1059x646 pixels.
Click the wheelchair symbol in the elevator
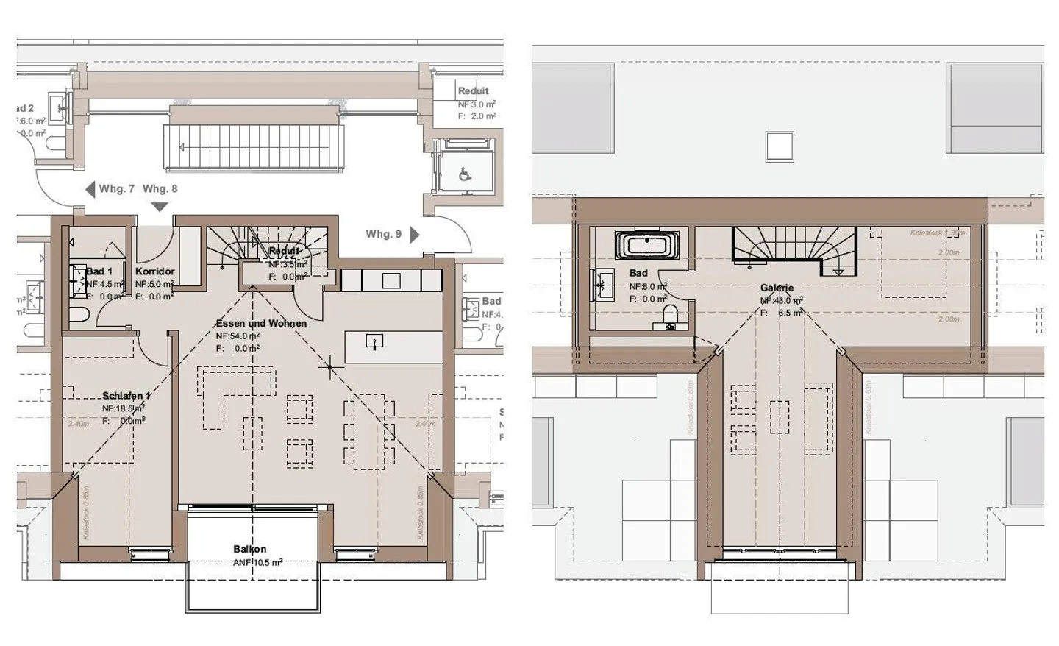click(465, 175)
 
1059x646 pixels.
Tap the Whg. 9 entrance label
click(383, 234)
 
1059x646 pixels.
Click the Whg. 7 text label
click(117, 189)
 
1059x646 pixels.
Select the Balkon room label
click(249, 549)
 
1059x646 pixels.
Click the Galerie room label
click(777, 288)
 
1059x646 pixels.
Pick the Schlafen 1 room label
click(126, 396)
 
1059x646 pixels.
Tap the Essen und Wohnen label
click(261, 323)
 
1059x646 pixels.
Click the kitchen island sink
click(375, 341)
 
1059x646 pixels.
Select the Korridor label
click(154, 271)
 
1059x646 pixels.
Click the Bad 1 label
click(99, 271)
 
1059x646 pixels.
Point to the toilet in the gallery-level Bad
click(670, 316)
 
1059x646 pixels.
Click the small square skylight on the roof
click(780, 146)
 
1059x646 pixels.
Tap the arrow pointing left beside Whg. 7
click(90, 189)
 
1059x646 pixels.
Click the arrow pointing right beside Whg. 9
click(415, 234)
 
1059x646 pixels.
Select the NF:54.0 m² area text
click(238, 336)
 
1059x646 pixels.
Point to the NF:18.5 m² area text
click(124, 408)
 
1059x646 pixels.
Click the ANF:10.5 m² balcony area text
click(258, 561)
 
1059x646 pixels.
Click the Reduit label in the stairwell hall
click(473, 91)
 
